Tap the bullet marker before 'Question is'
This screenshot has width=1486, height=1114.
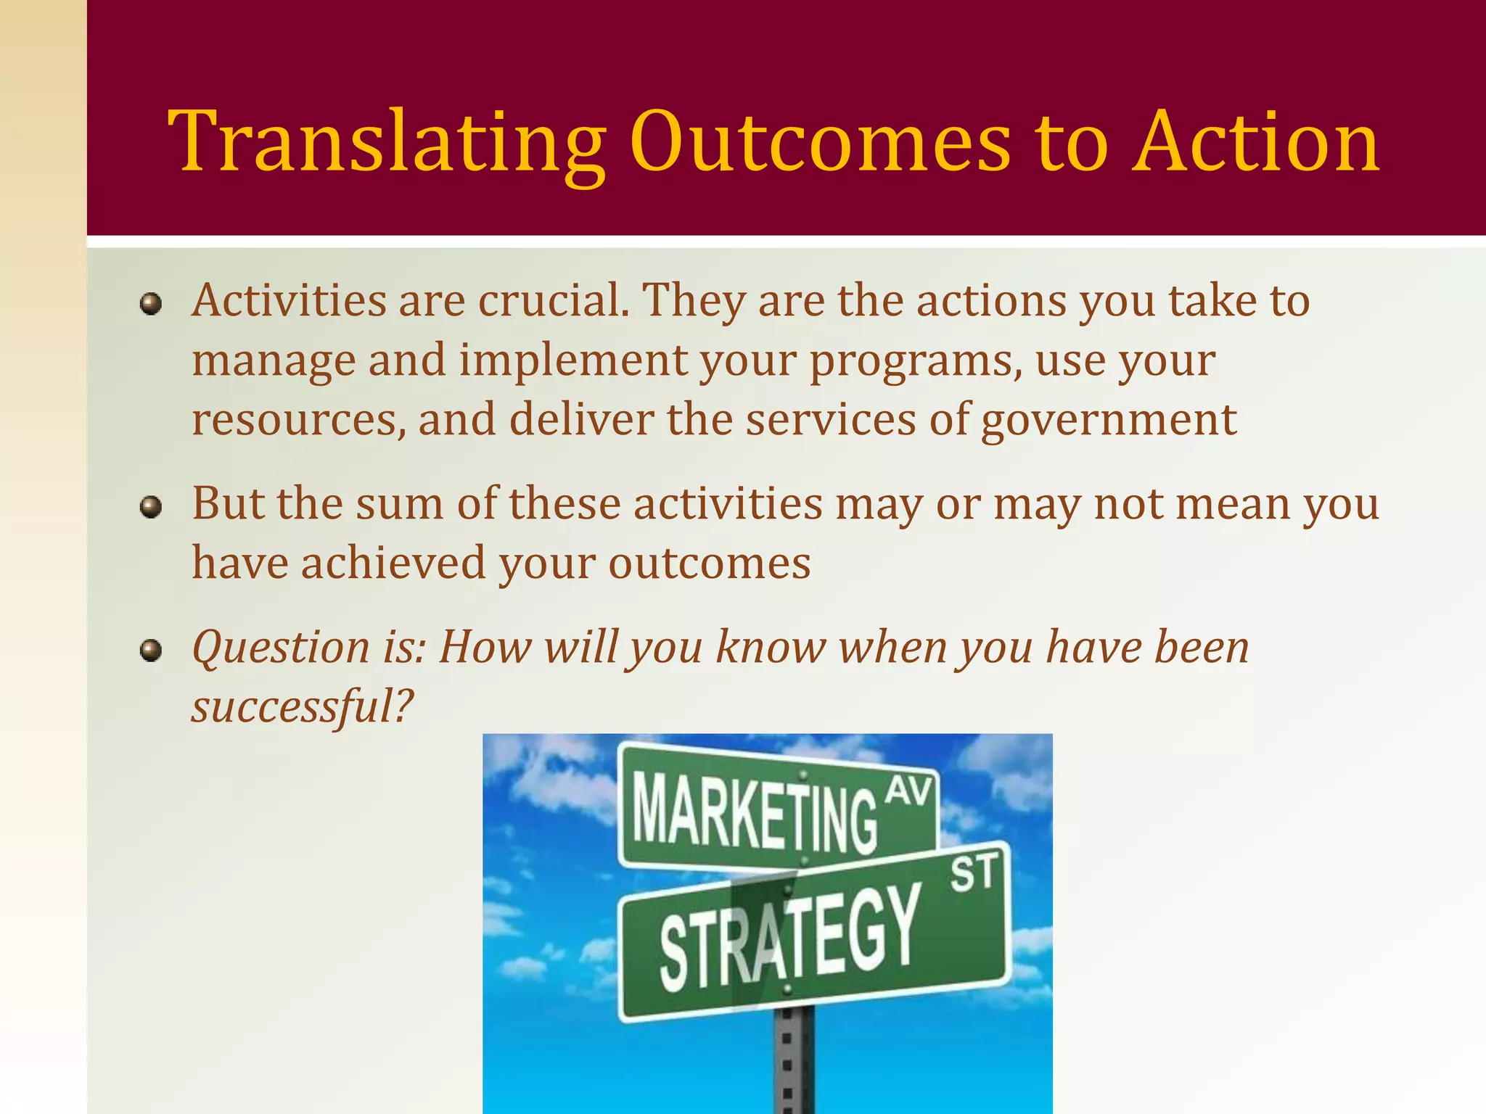click(151, 650)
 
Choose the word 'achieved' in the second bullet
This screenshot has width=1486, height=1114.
click(393, 564)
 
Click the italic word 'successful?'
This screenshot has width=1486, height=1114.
click(302, 706)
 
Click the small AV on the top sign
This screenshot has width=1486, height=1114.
click(908, 791)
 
